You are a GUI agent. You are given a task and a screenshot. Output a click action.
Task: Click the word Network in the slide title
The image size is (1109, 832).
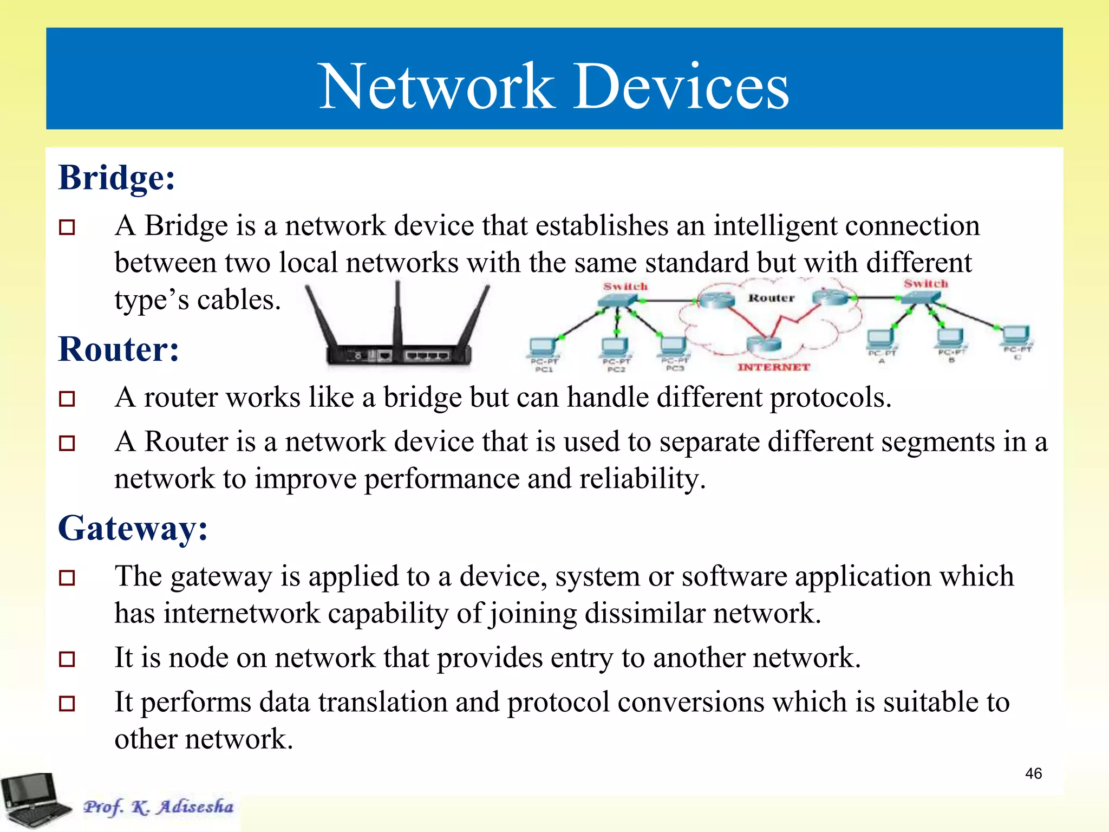436,87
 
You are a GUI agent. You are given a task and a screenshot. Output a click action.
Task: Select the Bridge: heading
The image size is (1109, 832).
117,178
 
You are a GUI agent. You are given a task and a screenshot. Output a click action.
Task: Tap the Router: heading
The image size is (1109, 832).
119,349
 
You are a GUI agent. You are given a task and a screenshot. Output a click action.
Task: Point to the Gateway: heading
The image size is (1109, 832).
133,528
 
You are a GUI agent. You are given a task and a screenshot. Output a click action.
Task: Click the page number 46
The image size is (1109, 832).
1033,773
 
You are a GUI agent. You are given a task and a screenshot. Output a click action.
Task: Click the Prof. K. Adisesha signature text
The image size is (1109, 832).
158,807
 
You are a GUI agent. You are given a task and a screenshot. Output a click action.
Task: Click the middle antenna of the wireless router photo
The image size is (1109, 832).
398,314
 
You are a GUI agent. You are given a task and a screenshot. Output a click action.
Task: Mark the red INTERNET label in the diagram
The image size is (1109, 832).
773,367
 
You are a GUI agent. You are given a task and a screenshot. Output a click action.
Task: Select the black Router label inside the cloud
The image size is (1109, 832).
771,298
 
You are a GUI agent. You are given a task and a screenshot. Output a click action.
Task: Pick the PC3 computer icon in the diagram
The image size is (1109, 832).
673,346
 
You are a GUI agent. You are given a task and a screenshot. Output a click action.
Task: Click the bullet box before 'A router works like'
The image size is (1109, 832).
67,399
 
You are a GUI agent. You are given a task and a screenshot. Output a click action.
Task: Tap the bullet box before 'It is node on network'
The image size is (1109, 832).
67,659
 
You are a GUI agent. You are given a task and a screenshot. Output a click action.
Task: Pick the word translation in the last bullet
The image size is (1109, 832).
382,703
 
